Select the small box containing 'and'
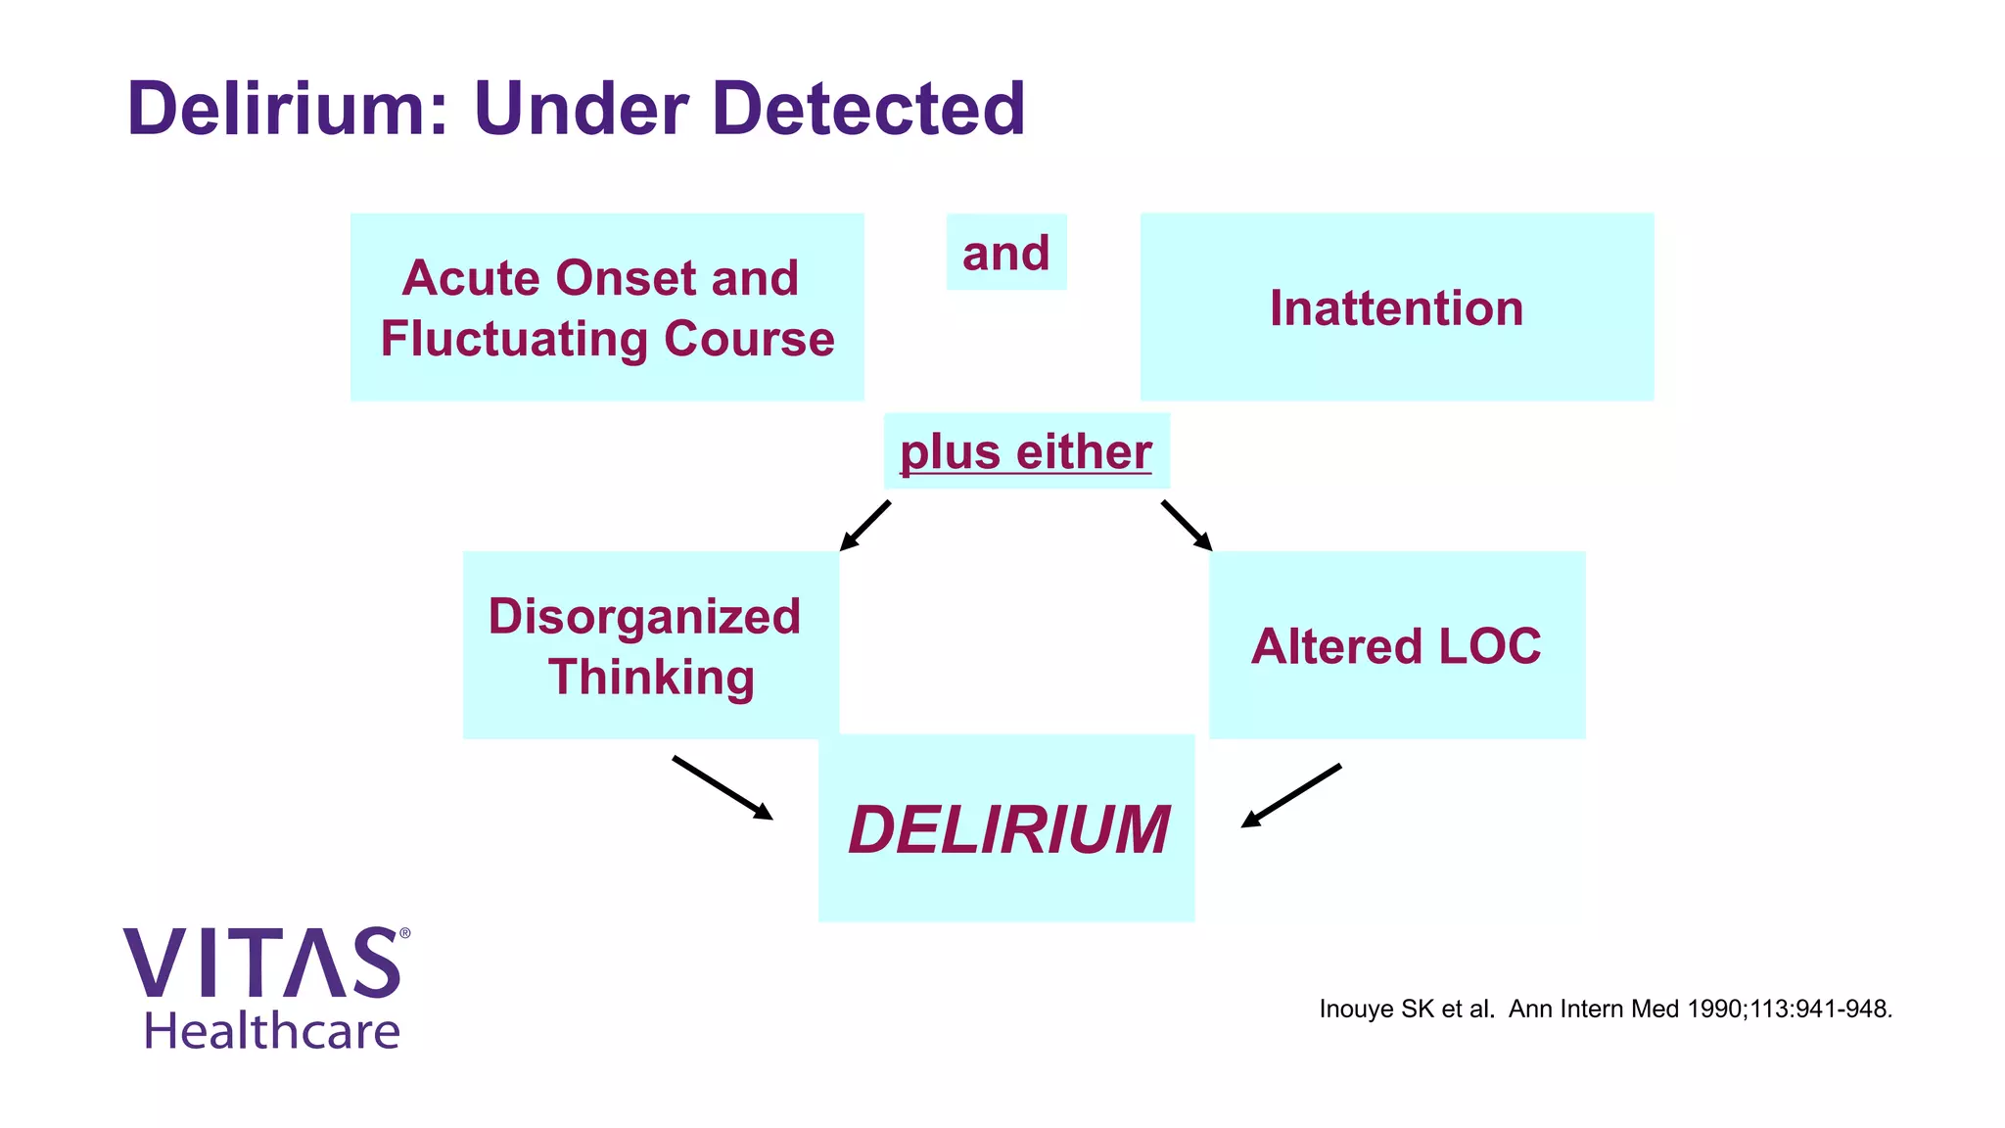point(1005,253)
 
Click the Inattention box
point(1396,307)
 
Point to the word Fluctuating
point(515,340)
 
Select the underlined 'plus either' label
point(1025,451)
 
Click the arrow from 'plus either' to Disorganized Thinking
point(865,526)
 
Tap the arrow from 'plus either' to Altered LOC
point(1187,526)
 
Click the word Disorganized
point(644,617)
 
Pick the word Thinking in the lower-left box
point(651,678)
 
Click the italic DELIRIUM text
point(1008,829)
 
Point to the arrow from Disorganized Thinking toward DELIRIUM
point(723,787)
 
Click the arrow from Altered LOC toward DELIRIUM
point(1290,796)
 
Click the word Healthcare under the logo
point(272,1031)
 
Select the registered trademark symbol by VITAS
point(405,934)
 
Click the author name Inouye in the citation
point(1356,1009)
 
